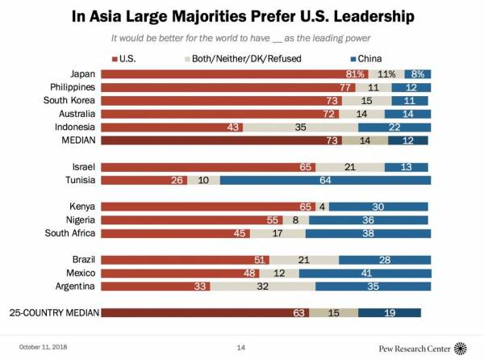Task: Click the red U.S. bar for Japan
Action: pos(234,73)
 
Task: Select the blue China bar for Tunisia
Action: pos(323,179)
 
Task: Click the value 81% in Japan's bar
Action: pos(356,73)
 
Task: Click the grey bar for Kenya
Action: pos(322,206)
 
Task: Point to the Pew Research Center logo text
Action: pos(415,348)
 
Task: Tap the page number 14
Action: pos(240,348)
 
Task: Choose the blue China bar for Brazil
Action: pos(383,259)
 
